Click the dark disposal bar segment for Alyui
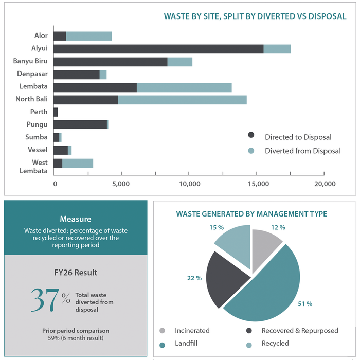point(158,49)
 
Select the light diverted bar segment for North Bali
point(182,100)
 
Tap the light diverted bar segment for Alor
point(89,37)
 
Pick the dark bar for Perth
point(56,112)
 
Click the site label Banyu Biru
point(30,61)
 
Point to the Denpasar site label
point(32,74)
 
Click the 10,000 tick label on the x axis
point(190,184)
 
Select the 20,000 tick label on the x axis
point(325,184)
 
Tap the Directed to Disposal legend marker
point(251,135)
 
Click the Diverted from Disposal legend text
point(303,151)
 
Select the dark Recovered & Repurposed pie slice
point(225,279)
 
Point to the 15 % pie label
point(217,227)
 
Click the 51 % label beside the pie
point(305,304)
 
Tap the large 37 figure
point(45,300)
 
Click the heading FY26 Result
point(76,273)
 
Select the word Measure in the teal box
point(76,219)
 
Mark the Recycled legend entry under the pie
point(267,344)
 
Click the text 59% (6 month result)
point(76,338)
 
